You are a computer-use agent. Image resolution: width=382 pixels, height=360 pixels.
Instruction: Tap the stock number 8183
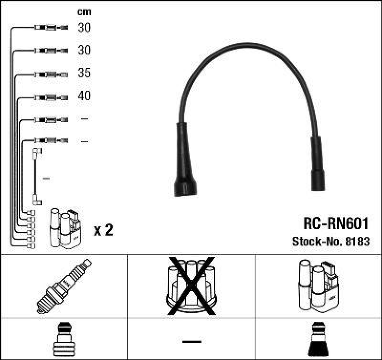[x=359, y=241]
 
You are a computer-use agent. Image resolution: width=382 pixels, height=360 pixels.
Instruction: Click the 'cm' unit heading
[x=84, y=12]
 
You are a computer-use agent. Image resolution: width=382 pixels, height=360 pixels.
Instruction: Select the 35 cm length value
[x=84, y=74]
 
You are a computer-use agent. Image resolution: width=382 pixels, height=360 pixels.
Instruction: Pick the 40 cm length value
[x=84, y=96]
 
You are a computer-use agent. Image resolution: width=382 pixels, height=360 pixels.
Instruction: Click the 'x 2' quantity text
[x=103, y=231]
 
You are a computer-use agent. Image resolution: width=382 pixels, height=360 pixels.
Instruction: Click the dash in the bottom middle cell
[x=191, y=341]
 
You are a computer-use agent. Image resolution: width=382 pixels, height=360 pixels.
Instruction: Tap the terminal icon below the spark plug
[x=64, y=340]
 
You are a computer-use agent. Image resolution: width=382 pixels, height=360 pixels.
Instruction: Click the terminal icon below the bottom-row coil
[x=318, y=340]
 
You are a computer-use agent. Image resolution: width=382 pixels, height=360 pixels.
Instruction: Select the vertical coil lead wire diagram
[x=36, y=177]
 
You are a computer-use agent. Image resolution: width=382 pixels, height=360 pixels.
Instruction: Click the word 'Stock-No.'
[x=315, y=241]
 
